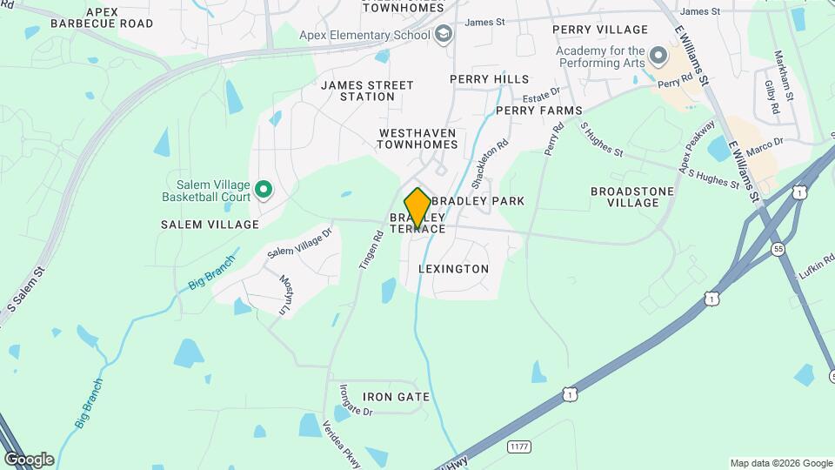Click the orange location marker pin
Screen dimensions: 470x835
click(417, 207)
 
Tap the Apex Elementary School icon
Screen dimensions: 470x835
click(444, 35)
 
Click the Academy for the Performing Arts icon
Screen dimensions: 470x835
click(658, 58)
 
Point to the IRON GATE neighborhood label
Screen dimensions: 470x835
click(397, 397)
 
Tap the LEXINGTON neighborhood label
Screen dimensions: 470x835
click(453, 269)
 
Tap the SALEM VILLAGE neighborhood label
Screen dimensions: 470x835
click(210, 225)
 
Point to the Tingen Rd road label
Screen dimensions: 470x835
click(371, 249)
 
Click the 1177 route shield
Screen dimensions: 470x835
click(519, 446)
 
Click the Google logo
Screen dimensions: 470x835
click(29, 460)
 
